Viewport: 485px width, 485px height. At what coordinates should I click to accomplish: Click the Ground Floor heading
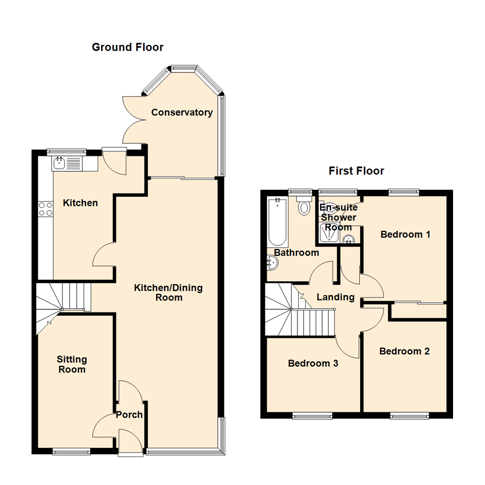[128, 47]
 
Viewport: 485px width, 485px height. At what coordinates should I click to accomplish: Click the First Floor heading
[356, 171]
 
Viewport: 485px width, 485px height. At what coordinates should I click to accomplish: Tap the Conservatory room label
[181, 112]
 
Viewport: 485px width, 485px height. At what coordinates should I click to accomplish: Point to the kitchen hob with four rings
[45, 209]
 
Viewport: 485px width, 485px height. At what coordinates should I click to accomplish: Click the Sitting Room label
[72, 364]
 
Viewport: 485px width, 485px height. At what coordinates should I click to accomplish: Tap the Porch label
[129, 414]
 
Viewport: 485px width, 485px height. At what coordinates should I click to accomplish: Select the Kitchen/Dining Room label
[168, 292]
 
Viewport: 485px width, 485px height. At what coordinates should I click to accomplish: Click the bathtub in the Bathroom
[277, 221]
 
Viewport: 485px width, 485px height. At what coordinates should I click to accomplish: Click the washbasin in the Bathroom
[271, 264]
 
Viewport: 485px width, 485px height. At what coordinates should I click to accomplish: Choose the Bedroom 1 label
[405, 234]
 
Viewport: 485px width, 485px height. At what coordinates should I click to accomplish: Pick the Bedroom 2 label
[404, 351]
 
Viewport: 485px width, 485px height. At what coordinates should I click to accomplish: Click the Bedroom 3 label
[313, 363]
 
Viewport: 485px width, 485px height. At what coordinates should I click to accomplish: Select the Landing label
[335, 297]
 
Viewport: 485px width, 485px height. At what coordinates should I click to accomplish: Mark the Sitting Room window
[71, 452]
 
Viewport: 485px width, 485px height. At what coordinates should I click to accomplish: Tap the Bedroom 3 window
[310, 416]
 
